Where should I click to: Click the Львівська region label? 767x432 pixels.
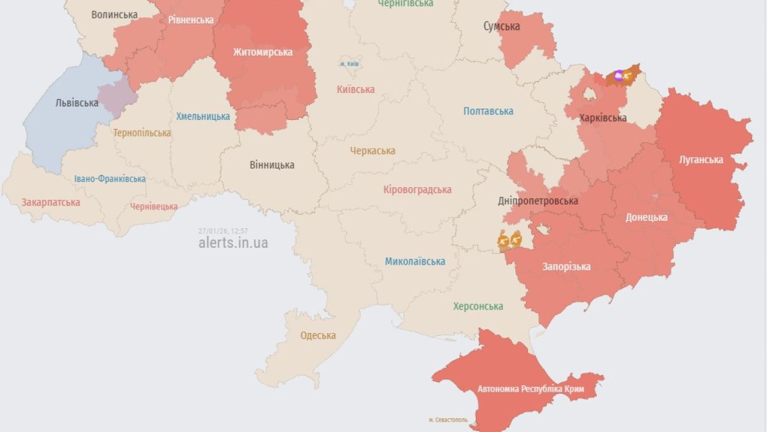[77, 103]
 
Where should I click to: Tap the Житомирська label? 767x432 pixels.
[263, 52]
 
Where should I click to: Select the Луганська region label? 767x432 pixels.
[700, 160]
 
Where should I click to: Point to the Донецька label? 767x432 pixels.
[646, 217]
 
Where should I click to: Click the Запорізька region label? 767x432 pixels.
[566, 266]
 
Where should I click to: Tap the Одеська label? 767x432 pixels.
[318, 335]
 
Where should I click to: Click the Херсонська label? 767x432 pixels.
[478, 306]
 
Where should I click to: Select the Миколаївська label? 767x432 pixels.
[415, 261]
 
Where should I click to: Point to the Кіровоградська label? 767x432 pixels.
[418, 190]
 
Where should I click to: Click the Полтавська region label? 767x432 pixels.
[488, 111]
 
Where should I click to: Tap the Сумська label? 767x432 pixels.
[502, 26]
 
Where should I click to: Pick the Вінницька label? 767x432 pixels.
[272, 164]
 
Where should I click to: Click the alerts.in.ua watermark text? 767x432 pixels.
[233, 242]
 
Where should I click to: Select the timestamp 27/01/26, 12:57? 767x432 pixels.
[223, 231]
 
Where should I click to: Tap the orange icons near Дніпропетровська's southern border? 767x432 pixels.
[509, 241]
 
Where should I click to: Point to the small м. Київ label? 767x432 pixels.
[350, 64]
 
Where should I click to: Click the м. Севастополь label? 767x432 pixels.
[449, 420]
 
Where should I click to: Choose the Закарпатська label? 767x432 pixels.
[51, 202]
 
